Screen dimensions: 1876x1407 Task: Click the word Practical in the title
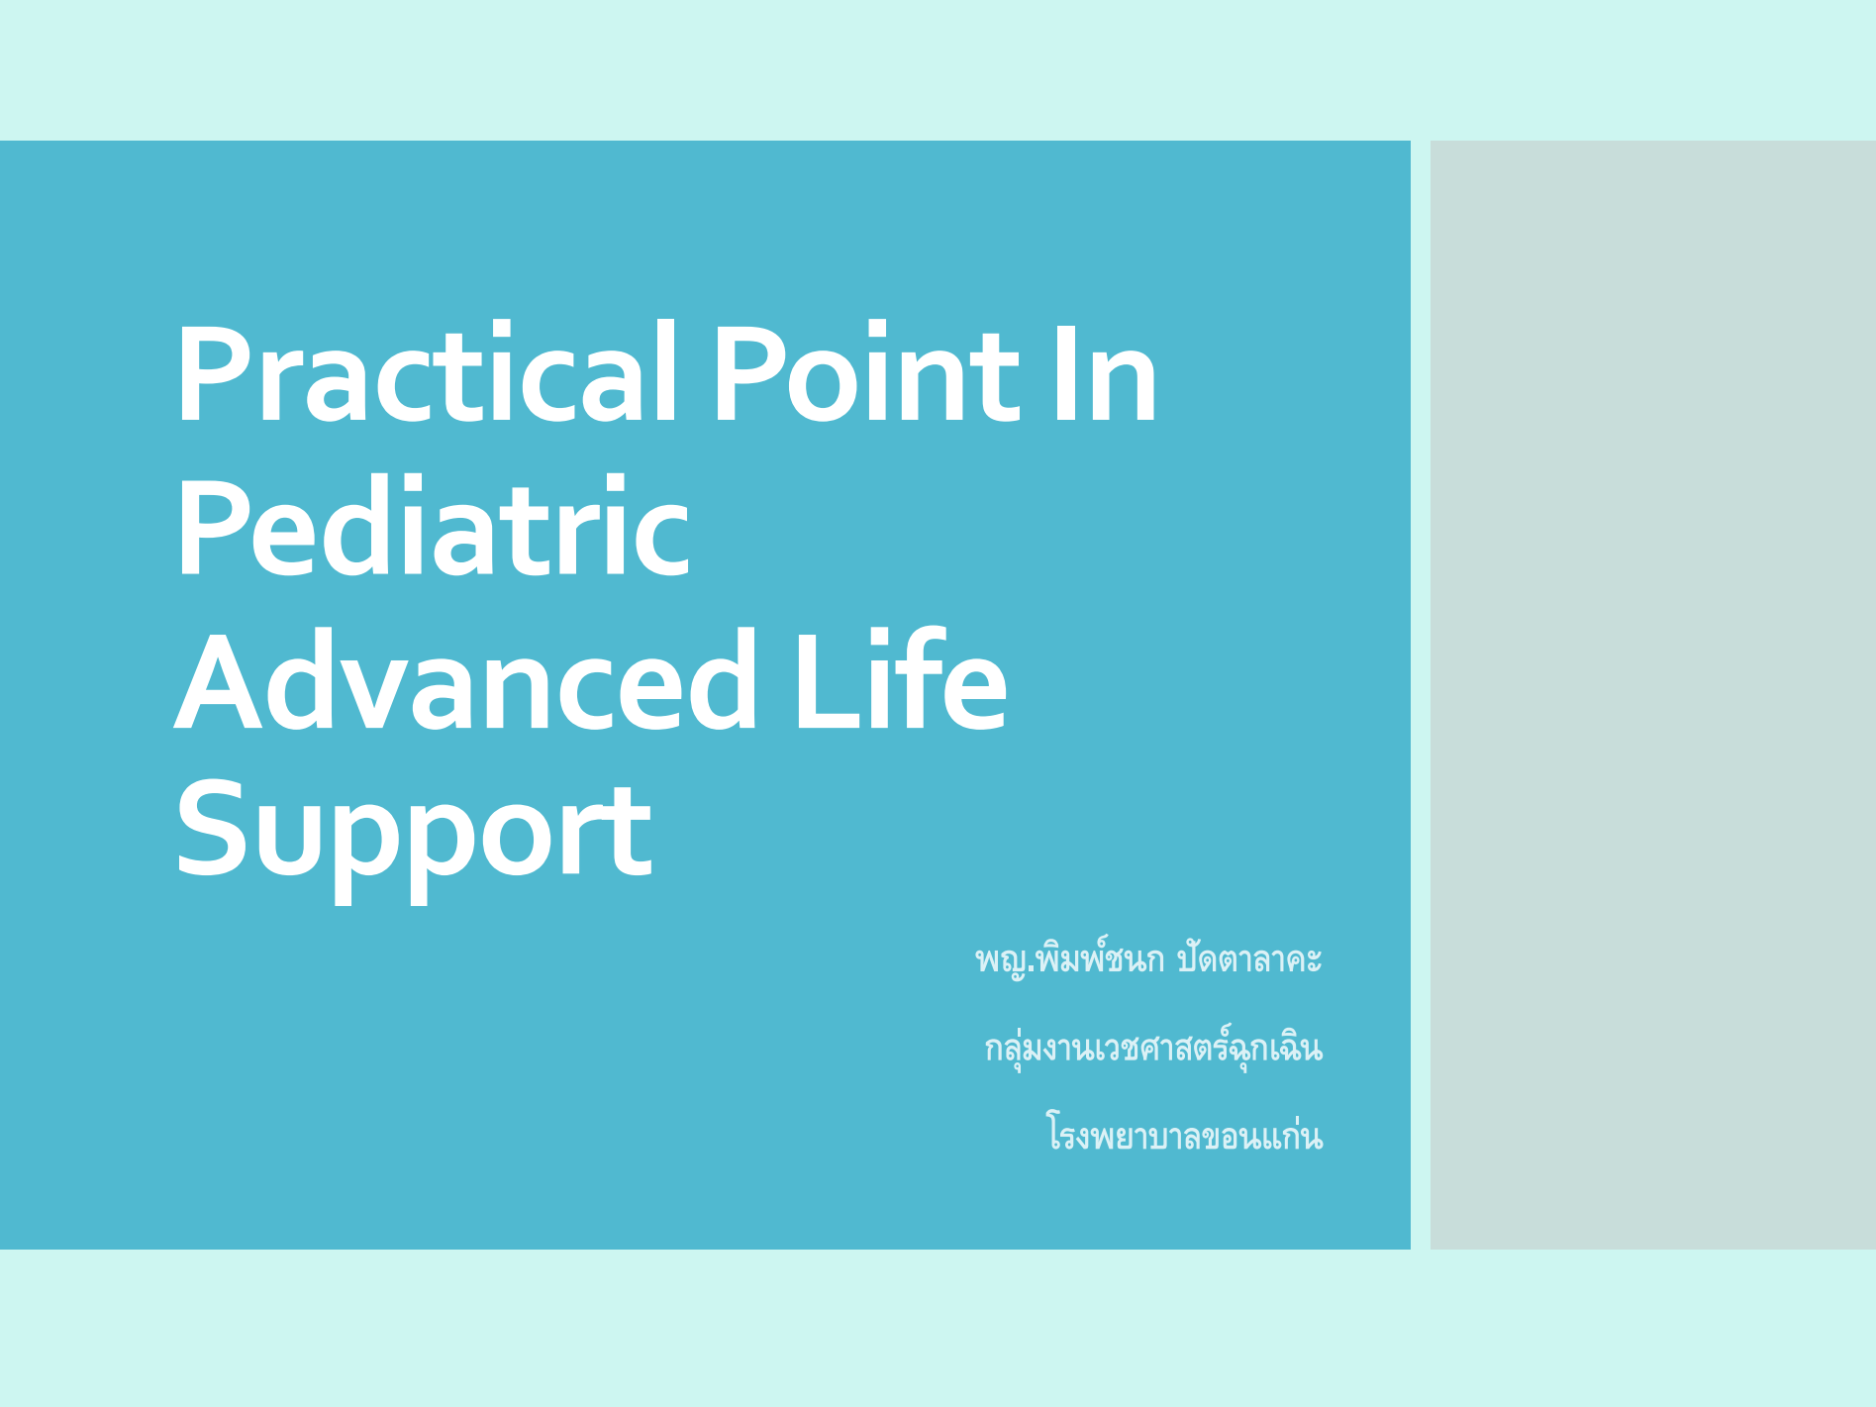point(427,372)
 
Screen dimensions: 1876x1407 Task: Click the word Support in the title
point(414,838)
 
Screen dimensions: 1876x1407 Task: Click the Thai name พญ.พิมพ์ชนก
point(1069,958)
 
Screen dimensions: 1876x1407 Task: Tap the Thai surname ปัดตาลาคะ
point(1249,958)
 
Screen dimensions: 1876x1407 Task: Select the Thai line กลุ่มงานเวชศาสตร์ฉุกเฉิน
point(1153,1047)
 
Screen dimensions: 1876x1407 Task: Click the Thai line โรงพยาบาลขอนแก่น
point(1184,1134)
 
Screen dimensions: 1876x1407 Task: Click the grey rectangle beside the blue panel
point(1652,694)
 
